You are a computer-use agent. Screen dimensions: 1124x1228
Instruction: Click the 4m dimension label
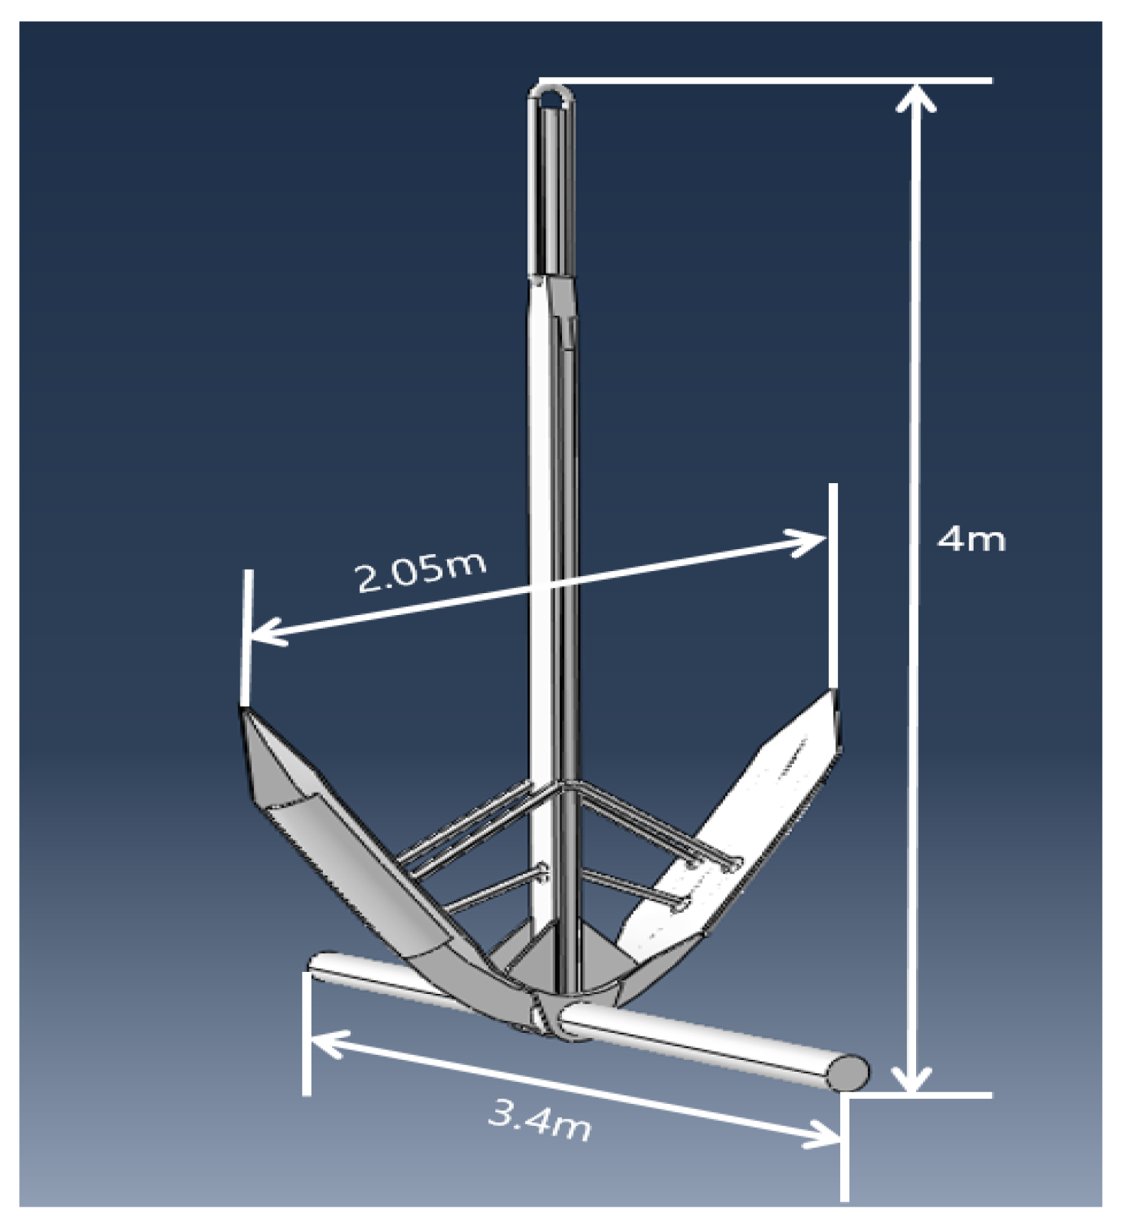click(x=971, y=541)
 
